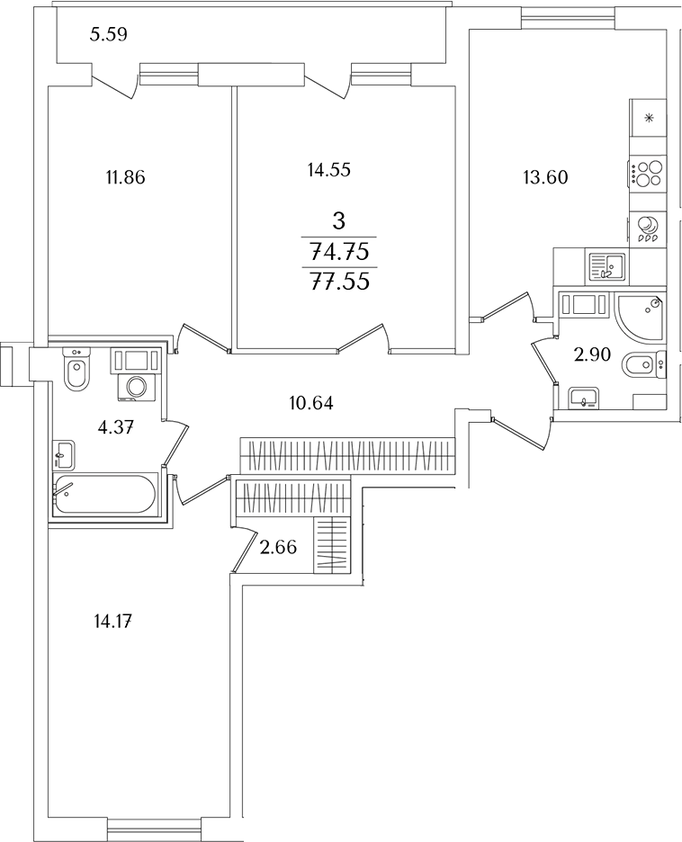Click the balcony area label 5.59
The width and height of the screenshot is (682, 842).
point(109,36)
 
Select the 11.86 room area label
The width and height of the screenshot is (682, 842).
point(125,177)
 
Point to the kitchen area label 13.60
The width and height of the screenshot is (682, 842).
point(545,177)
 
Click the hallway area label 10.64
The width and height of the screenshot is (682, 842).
point(311,402)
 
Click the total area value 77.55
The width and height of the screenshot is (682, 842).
point(339,282)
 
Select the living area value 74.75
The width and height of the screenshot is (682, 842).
point(339,251)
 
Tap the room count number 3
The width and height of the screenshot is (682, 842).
point(339,219)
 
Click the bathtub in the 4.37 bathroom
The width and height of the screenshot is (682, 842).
point(104,495)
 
